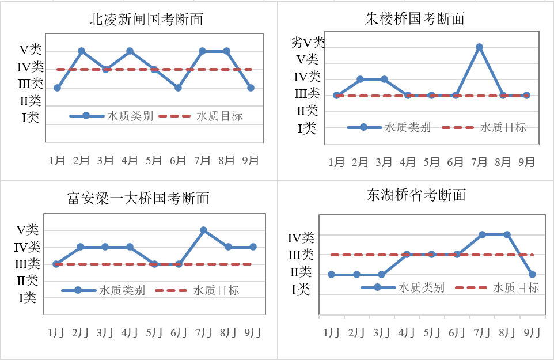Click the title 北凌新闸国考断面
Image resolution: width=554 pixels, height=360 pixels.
146,20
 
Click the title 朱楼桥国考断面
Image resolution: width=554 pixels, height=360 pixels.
415,18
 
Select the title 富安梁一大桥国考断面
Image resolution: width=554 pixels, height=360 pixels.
138,199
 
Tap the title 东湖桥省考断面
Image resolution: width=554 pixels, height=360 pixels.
416,195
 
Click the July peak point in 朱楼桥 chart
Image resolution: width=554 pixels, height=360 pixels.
479,47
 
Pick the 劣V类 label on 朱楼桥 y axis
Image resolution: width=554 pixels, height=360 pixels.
308,42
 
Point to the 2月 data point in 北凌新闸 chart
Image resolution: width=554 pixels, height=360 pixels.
81,51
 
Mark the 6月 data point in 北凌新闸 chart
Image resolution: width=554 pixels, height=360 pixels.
178,88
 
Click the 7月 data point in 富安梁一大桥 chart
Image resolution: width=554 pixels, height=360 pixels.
203,230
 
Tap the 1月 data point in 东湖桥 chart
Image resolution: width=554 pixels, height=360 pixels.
331,274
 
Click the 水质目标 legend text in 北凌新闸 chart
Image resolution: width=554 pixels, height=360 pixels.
219,116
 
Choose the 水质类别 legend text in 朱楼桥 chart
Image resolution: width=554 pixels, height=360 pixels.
408,127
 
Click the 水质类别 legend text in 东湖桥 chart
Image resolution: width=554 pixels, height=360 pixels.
421,287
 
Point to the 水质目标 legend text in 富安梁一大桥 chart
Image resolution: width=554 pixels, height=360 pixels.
216,290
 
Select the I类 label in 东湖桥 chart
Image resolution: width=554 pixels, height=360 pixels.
300,289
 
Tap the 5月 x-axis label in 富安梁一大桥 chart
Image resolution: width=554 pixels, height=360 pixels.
154,332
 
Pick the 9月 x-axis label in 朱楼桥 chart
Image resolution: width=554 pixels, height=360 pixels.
527,162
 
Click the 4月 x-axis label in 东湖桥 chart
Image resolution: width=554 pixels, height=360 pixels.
407,332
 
